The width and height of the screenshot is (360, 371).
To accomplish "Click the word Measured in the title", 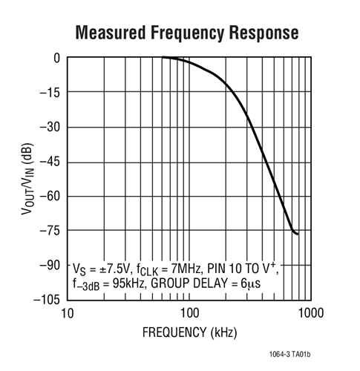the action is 111,33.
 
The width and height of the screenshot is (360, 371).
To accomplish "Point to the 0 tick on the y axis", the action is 57,59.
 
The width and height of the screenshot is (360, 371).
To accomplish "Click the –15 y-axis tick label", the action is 50,93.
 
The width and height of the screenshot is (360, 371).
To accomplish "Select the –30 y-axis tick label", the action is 50,127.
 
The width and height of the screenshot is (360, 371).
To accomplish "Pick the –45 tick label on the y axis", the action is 50,162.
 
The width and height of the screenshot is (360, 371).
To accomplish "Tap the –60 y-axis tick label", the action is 50,196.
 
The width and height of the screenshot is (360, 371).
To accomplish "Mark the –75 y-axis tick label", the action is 50,231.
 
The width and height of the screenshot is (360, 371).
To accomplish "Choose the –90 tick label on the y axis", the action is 50,265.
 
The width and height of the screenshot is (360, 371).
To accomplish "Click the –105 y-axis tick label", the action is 47,300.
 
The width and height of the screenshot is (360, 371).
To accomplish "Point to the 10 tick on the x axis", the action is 68,313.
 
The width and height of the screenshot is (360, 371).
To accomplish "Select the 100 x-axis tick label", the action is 189,313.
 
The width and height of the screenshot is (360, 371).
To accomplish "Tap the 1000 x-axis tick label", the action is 311,313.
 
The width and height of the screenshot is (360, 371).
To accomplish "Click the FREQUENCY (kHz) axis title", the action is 189,332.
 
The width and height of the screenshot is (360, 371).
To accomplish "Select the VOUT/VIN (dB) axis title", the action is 27,179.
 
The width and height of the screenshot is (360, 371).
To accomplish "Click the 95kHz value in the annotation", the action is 128,283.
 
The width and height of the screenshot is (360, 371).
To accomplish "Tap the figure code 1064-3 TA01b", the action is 289,354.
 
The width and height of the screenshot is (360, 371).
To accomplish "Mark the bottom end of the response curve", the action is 298,234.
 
